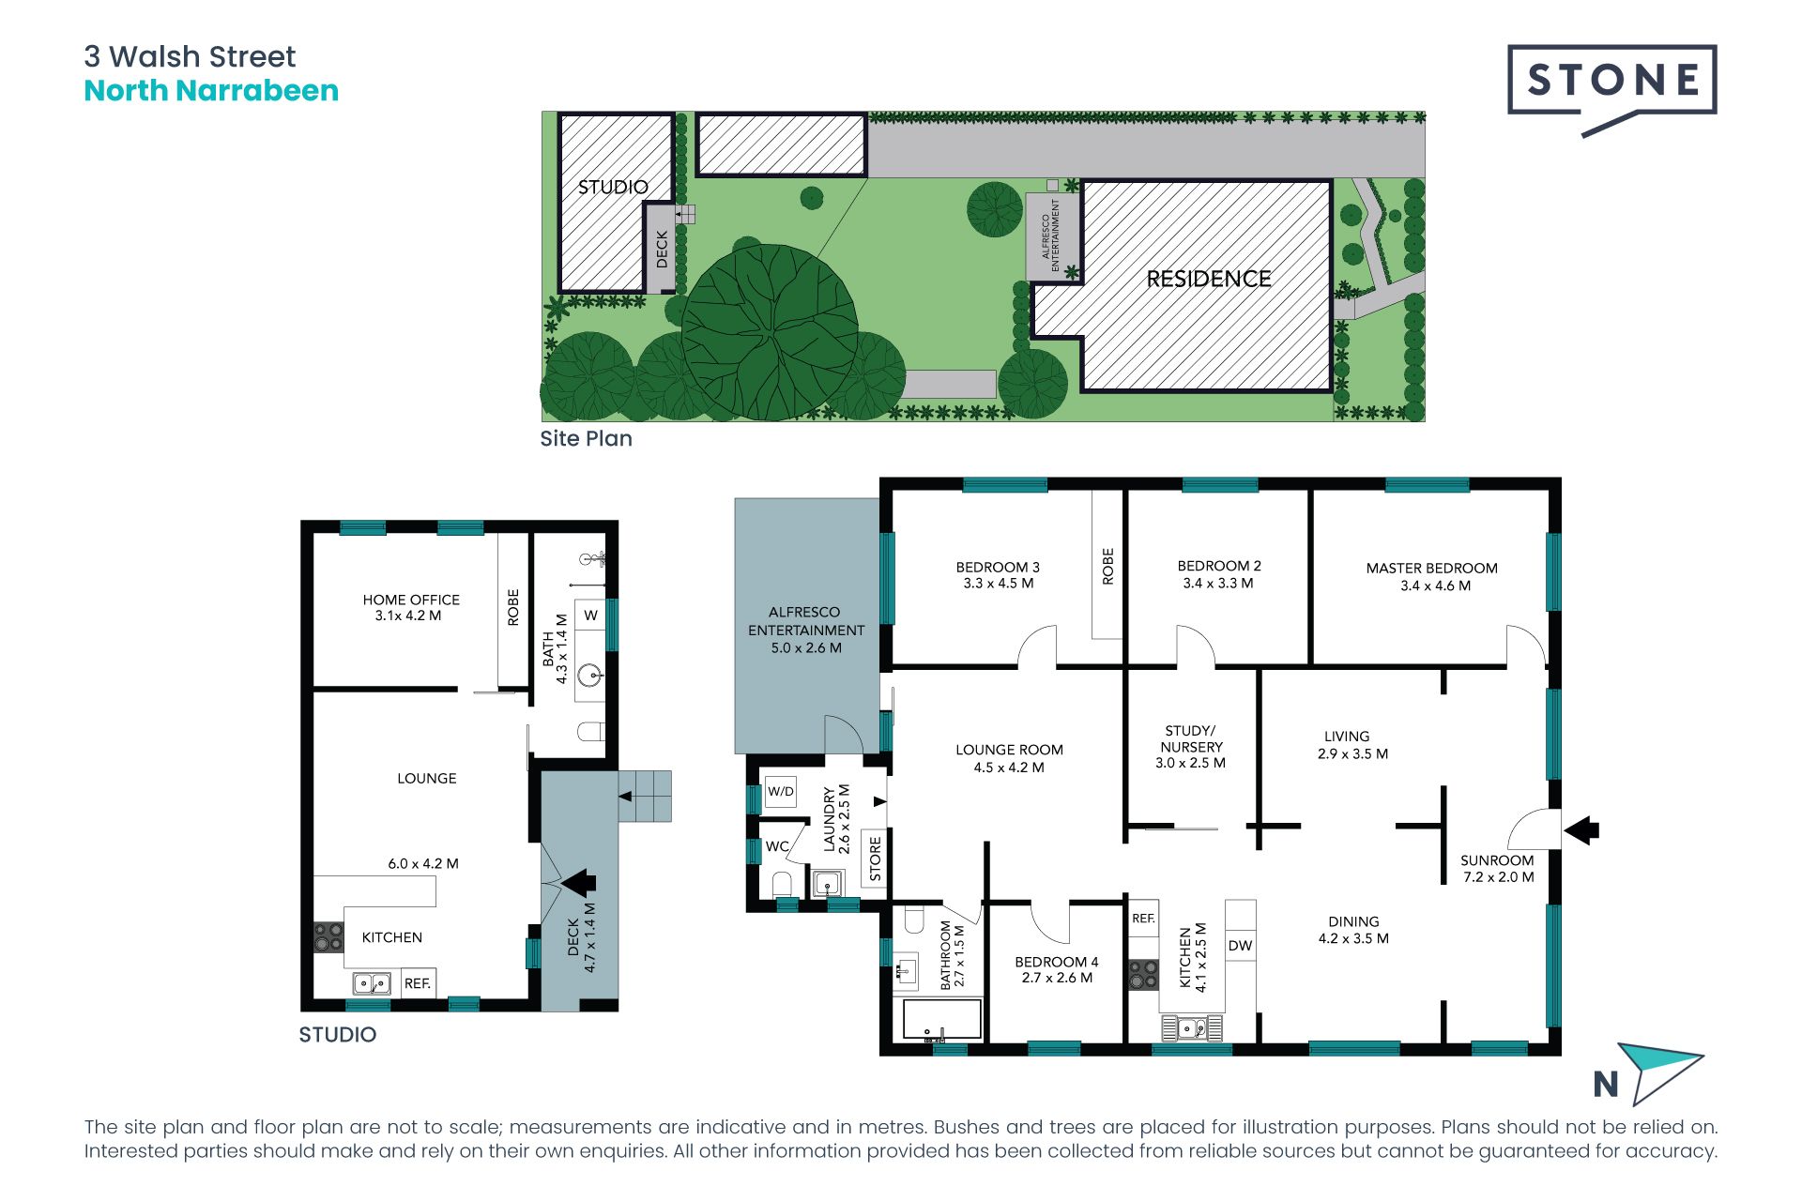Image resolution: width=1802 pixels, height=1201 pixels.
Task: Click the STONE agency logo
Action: (x=1611, y=90)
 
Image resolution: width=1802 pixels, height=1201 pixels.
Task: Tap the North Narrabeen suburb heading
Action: (x=211, y=91)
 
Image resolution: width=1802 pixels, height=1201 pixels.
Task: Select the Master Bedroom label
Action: (x=1431, y=568)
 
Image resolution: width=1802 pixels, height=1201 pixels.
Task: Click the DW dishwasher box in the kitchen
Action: (x=1240, y=945)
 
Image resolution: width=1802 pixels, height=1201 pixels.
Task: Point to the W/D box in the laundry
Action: (x=781, y=791)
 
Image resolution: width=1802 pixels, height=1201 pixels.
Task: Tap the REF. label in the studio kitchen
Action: (x=418, y=983)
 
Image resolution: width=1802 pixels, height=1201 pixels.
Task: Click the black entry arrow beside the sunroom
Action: (x=1582, y=830)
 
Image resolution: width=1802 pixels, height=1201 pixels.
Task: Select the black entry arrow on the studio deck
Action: (x=578, y=883)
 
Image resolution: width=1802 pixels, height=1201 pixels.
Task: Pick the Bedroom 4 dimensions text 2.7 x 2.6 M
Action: (x=1057, y=978)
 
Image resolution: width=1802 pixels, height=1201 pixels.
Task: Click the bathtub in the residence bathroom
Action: (x=942, y=1019)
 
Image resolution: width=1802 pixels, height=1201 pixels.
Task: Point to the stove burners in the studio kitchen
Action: (x=328, y=936)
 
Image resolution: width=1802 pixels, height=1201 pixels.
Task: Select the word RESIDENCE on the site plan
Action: (x=1209, y=279)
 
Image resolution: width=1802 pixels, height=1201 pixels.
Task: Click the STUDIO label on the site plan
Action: (x=613, y=187)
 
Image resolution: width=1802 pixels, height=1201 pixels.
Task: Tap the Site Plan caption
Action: (x=586, y=438)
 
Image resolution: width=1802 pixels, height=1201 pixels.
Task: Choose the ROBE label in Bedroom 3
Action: (x=1107, y=567)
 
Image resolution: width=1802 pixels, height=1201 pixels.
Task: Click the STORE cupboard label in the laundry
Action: (x=876, y=860)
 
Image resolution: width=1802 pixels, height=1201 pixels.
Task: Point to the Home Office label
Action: (x=411, y=600)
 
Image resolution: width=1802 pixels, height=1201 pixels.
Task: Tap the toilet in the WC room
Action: (x=782, y=884)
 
